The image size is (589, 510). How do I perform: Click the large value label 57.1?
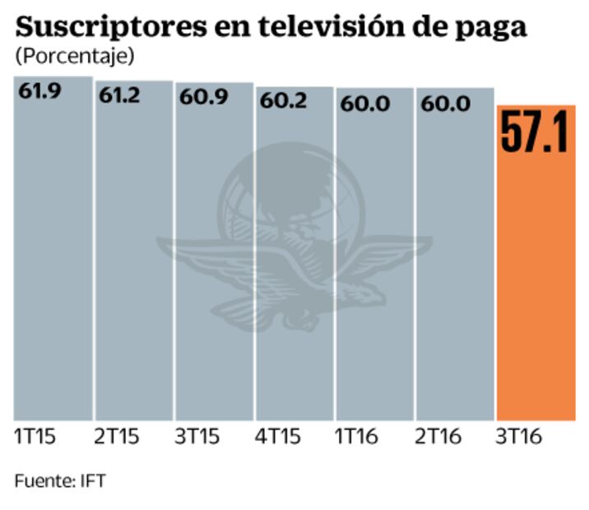535,132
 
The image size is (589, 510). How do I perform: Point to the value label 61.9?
40,91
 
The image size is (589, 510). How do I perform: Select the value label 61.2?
120,95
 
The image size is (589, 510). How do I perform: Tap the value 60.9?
201,97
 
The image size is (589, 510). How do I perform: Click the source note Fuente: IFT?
60,479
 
